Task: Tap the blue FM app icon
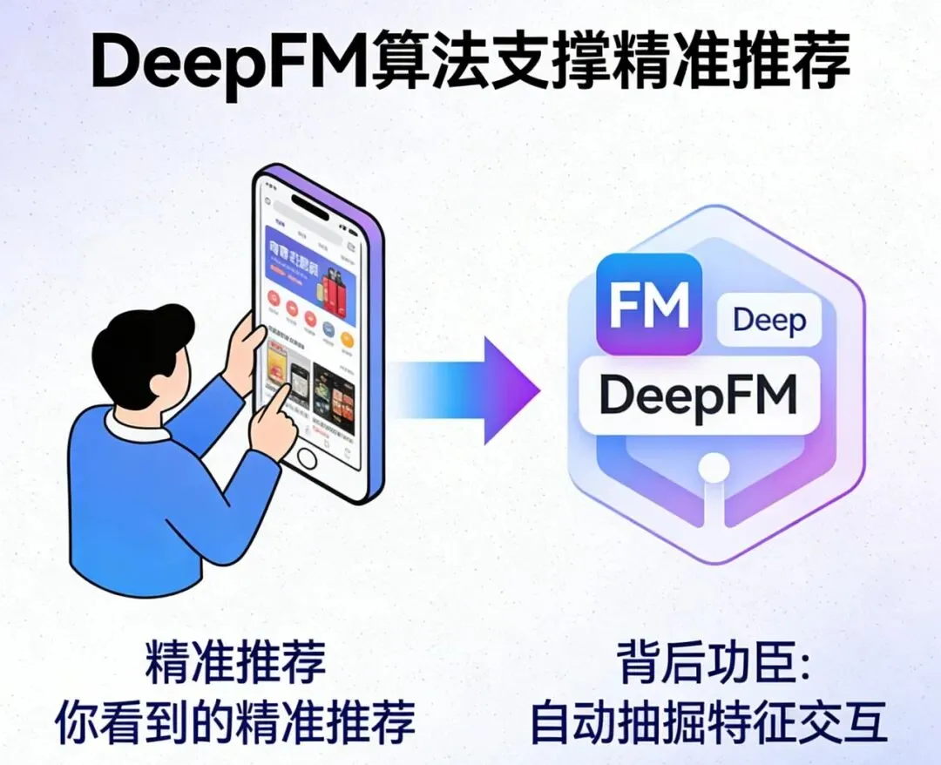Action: (x=648, y=305)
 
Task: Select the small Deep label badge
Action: (x=768, y=321)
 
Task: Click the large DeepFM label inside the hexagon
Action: (x=699, y=395)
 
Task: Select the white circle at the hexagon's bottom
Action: (x=714, y=468)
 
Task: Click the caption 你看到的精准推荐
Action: (x=235, y=721)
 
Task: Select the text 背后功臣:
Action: (x=714, y=667)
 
